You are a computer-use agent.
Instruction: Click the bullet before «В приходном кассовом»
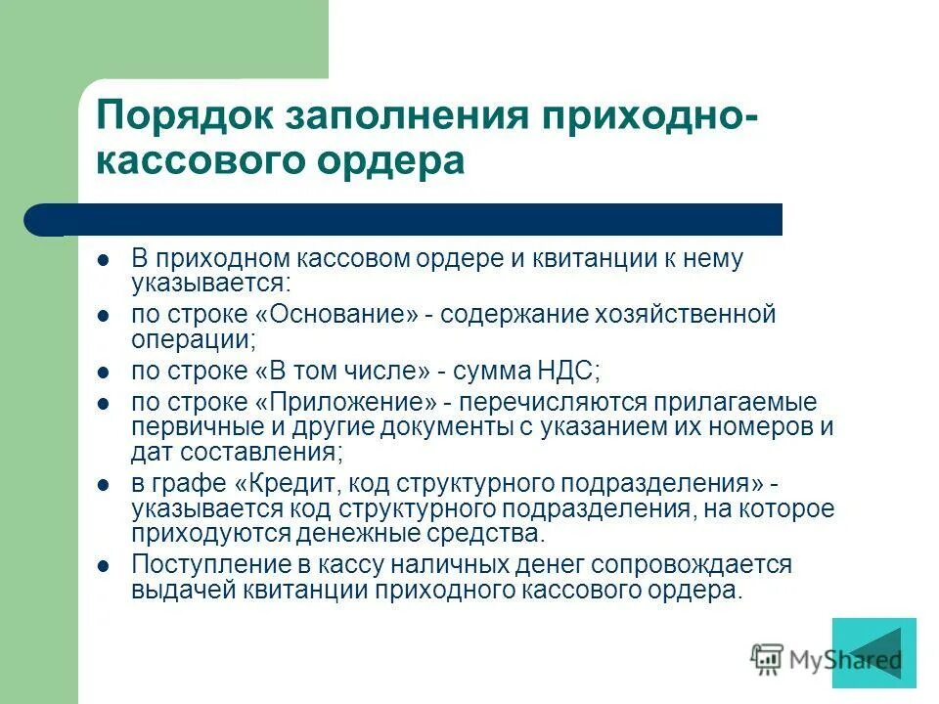[104, 261]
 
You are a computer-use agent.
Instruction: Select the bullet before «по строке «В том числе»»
[104, 373]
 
